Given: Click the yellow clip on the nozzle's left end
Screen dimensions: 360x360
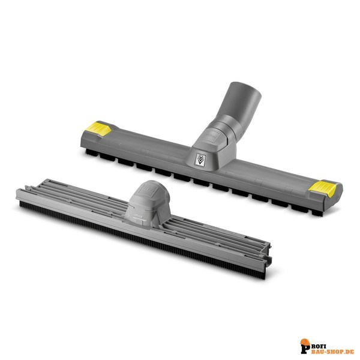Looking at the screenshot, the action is (98, 129).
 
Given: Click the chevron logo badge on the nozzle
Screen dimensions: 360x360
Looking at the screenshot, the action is (200, 160).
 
